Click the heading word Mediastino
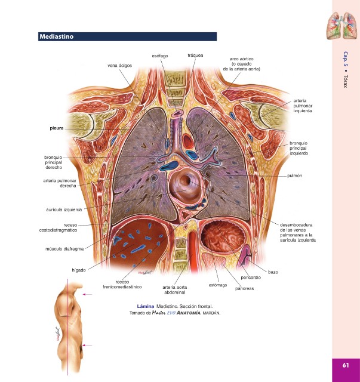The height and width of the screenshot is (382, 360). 56,37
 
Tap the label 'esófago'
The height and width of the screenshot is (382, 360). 160,56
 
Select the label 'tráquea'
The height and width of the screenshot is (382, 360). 195,55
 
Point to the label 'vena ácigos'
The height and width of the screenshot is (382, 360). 120,65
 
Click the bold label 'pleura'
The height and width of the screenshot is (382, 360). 57,128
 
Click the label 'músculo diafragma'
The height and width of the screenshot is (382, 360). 64,249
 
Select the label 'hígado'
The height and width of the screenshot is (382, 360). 78,270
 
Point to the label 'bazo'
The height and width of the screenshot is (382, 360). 273,272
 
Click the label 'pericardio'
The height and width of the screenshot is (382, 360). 251,278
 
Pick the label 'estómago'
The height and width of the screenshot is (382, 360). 218,285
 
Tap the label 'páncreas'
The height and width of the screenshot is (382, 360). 245,288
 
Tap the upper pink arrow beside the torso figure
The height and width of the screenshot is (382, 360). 88,295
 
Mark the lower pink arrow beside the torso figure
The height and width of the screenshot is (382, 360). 88,345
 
